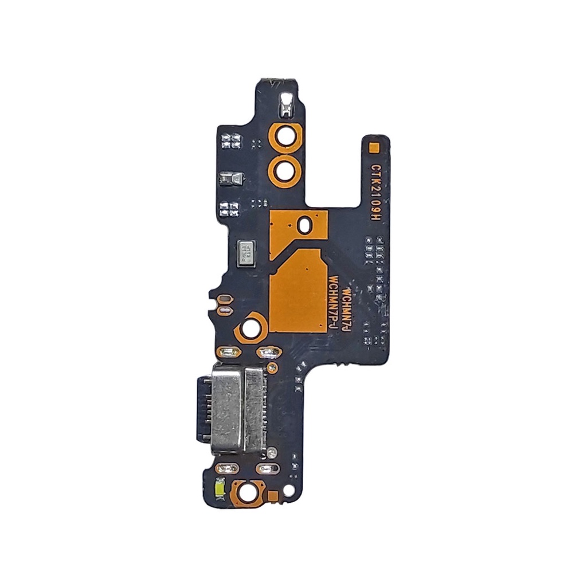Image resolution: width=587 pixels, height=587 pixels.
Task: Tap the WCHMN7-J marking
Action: click(x=346, y=310)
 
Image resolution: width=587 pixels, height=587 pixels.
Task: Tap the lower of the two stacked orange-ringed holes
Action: click(x=285, y=170)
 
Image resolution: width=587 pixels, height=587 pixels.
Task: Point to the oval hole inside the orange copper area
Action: click(x=305, y=225)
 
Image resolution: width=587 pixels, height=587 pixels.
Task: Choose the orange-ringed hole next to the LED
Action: click(x=247, y=491)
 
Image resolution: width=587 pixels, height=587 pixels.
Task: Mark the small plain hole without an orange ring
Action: click(x=289, y=491)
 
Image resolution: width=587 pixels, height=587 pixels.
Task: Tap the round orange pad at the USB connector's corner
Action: click(x=270, y=367)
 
